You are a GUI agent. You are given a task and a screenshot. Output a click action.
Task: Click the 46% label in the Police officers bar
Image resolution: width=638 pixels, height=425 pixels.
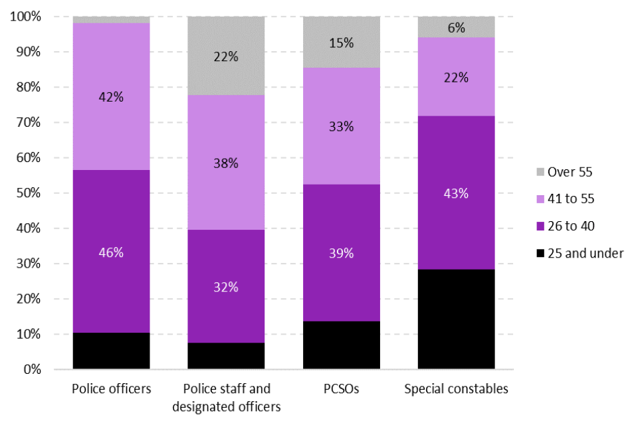click(x=111, y=252)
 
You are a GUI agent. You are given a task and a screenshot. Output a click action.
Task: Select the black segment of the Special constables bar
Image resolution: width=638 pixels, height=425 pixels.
click(x=456, y=319)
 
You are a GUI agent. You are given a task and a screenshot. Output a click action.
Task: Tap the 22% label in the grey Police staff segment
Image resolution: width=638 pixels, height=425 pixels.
click(x=226, y=56)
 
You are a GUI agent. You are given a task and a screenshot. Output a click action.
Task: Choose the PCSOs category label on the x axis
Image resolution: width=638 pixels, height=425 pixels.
click(x=341, y=388)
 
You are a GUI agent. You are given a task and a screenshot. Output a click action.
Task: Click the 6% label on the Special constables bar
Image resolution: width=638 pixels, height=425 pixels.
click(x=456, y=28)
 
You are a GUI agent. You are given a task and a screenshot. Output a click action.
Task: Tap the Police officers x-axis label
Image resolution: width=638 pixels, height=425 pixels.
click(x=111, y=388)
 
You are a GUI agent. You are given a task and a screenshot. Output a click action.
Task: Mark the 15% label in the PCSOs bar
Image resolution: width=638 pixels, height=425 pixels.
click(x=341, y=43)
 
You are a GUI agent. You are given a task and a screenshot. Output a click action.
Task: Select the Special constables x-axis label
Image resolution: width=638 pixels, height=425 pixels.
click(x=456, y=388)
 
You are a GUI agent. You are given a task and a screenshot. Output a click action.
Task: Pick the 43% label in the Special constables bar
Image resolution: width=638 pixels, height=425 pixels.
click(x=456, y=194)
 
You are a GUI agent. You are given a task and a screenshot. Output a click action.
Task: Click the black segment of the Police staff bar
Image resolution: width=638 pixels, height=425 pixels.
click(x=226, y=356)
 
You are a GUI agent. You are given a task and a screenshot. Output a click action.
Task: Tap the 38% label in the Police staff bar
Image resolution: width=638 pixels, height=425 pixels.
click(x=226, y=163)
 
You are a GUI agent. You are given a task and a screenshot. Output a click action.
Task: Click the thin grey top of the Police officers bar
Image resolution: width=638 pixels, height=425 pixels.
click(x=111, y=20)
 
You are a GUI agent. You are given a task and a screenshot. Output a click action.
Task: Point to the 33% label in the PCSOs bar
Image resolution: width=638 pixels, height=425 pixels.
click(x=341, y=126)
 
